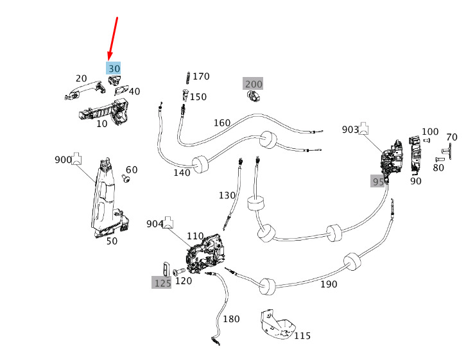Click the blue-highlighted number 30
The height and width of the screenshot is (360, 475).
(114, 68)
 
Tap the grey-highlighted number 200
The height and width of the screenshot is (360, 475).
(253, 84)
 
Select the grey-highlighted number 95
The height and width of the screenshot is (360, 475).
(378, 182)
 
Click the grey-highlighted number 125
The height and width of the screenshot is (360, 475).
(162, 282)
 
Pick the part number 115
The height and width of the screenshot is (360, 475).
(302, 336)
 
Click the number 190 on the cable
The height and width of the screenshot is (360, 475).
(328, 284)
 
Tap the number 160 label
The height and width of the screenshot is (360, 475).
(221, 123)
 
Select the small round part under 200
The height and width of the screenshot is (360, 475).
(252, 96)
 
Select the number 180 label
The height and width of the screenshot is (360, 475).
(231, 318)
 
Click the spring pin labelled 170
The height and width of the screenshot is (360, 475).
(187, 76)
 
